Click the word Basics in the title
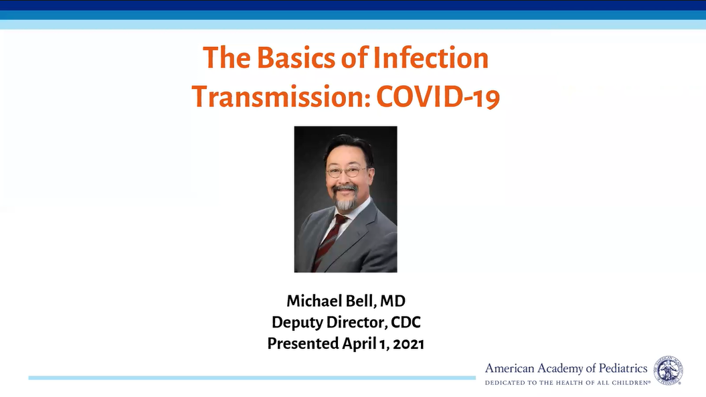[296, 58]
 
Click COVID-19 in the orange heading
[438, 96]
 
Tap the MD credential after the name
[393, 301]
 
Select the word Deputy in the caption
[297, 323]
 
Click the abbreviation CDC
[406, 322]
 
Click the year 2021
[408, 344]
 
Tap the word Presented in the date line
[303, 343]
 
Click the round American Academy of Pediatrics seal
[668, 370]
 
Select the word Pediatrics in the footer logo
[623, 368]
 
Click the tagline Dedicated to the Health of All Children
[567, 382]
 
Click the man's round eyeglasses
[346, 171]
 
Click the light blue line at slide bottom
[252, 378]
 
